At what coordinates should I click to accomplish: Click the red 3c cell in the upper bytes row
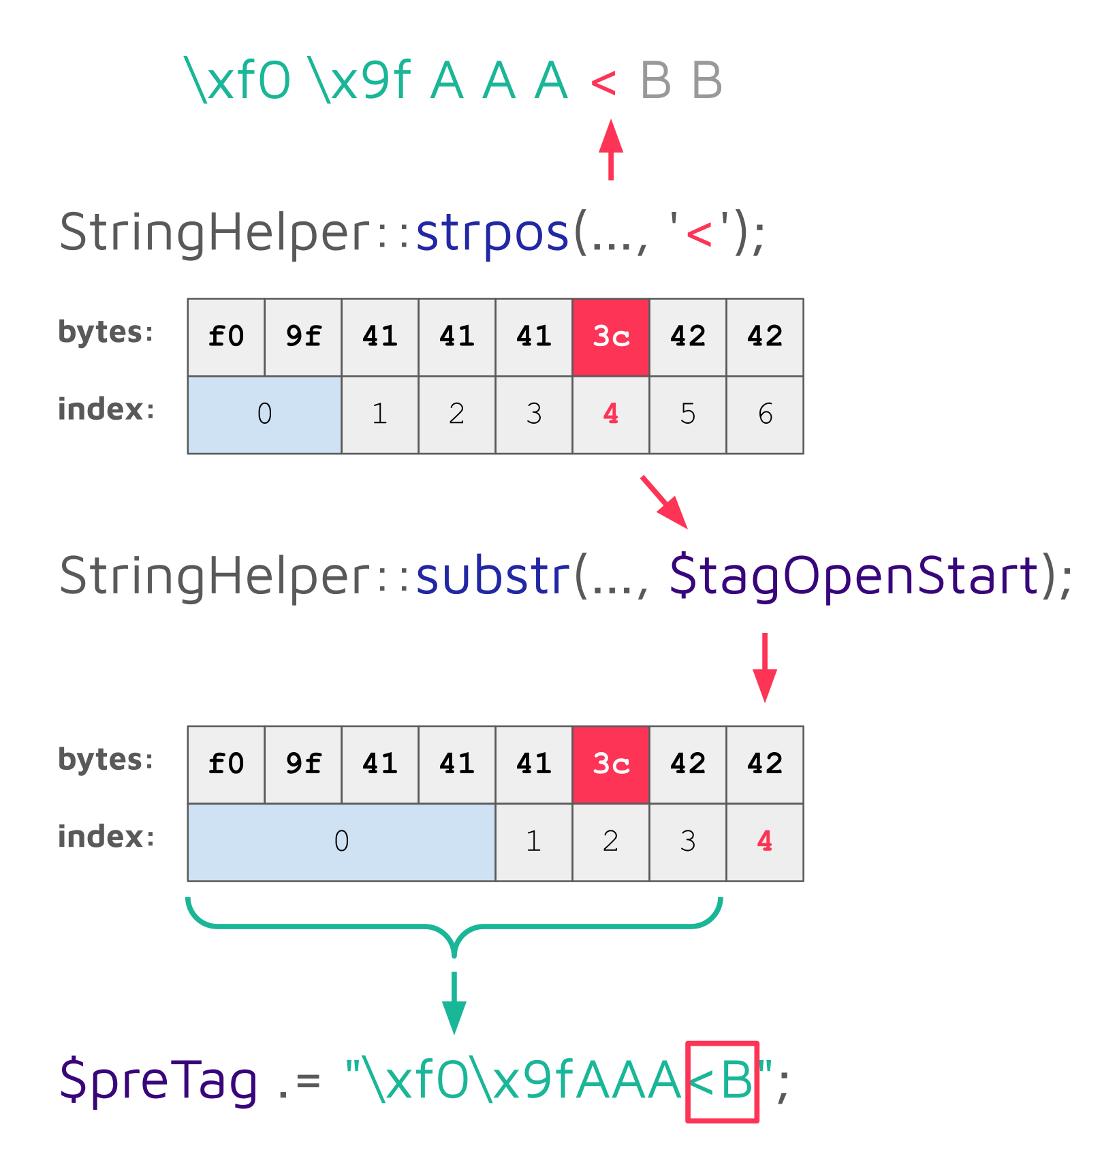[x=611, y=337]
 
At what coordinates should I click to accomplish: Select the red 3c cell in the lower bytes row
[x=611, y=764]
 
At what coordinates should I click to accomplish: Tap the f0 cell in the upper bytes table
[x=226, y=337]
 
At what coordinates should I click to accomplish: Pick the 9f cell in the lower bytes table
[x=303, y=764]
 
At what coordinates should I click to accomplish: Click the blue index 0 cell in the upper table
[x=264, y=414]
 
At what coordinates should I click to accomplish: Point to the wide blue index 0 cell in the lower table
[x=341, y=841]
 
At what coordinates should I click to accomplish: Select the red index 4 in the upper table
[x=611, y=414]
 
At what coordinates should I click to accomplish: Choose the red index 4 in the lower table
[x=765, y=841]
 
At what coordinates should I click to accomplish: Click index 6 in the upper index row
[x=765, y=414]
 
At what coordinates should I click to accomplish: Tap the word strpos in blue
[x=492, y=234]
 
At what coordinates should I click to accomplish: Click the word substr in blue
[x=492, y=576]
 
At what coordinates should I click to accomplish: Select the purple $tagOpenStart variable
[x=854, y=576]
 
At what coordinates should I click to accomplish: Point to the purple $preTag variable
[x=159, y=1080]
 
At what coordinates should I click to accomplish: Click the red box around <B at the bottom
[x=722, y=1081]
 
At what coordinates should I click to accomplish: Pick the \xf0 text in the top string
[x=238, y=81]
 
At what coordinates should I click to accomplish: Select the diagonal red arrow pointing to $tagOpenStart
[x=664, y=502]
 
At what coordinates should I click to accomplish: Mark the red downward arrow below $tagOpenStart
[x=765, y=668]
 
